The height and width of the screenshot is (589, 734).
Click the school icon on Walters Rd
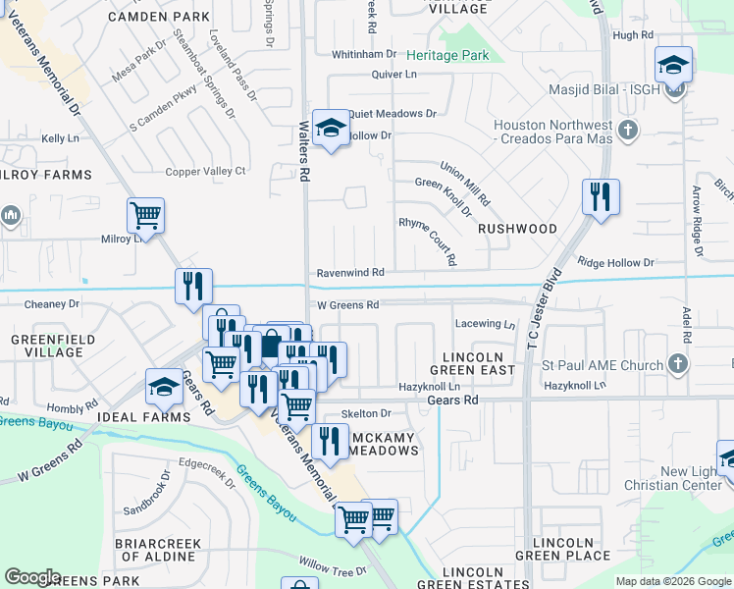click(332, 128)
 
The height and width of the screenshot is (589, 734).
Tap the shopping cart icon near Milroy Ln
click(145, 214)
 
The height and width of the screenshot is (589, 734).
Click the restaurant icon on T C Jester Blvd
click(600, 196)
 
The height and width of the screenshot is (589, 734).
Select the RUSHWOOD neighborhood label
click(517, 229)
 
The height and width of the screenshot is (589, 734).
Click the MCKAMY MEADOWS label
click(377, 444)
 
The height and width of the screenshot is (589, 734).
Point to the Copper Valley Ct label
click(205, 171)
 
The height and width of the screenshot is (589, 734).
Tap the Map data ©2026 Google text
click(672, 581)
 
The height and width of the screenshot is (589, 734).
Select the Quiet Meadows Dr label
click(392, 114)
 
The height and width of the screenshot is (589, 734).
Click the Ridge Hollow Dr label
click(615, 263)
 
